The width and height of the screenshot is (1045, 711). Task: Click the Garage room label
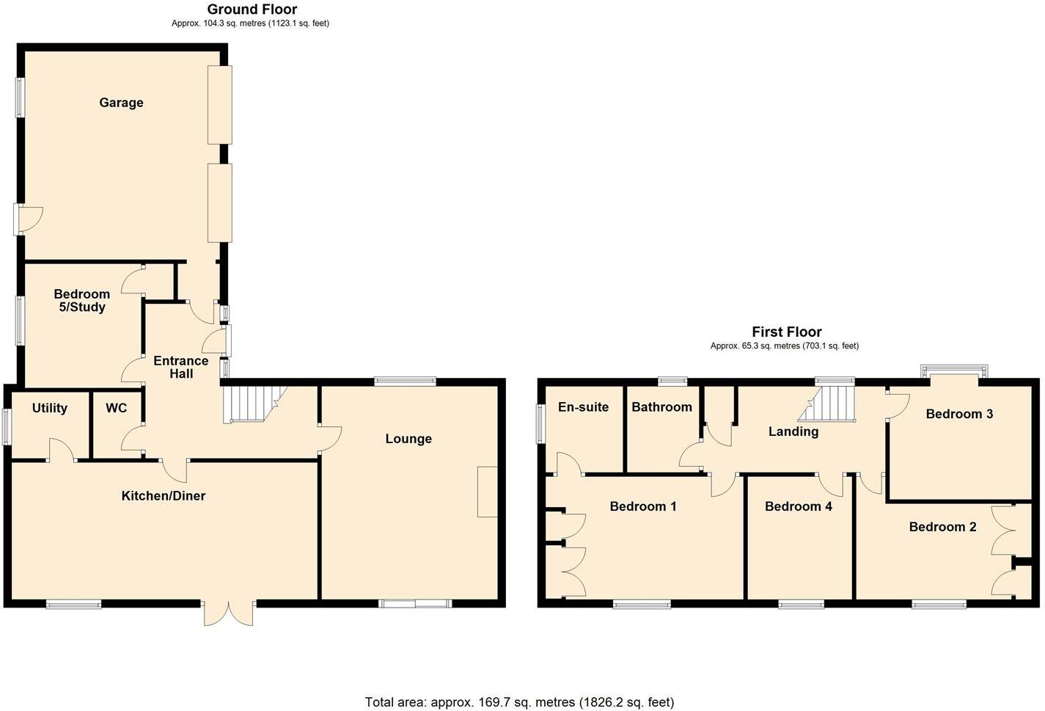[121, 103]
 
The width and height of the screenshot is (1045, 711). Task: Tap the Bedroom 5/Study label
[82, 301]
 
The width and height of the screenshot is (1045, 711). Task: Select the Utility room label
[50, 408]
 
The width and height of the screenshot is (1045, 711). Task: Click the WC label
[116, 408]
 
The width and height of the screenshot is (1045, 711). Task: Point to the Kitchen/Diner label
[163, 496]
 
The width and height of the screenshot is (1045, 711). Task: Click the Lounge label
[408, 439]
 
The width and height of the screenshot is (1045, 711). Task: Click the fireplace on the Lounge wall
[487, 492]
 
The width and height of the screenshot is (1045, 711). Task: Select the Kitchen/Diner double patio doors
[229, 612]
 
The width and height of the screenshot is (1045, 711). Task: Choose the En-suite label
[583, 407]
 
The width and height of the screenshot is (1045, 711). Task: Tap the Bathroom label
[661, 407]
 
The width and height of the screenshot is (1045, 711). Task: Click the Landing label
[793, 431]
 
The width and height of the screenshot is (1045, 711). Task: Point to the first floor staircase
[832, 404]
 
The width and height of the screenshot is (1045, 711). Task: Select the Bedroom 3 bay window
[954, 371]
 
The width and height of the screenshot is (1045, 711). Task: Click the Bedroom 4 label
[798, 506]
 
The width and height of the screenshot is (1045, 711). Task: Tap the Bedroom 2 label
[942, 527]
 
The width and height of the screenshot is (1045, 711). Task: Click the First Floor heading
[786, 332]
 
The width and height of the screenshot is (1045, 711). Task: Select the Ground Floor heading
[252, 10]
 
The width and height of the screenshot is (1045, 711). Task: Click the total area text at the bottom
[519, 702]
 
